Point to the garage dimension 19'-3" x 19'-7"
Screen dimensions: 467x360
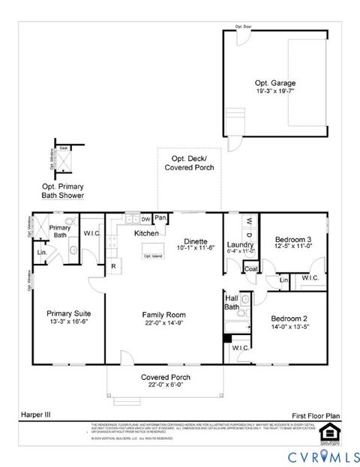click(x=271, y=91)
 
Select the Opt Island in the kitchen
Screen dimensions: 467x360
click(x=153, y=256)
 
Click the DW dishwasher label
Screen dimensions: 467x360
click(x=145, y=219)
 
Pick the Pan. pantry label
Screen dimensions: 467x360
click(x=161, y=218)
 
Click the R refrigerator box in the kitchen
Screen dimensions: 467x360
click(x=112, y=265)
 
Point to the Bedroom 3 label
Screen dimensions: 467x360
click(x=292, y=232)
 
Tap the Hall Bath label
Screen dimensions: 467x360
click(x=232, y=301)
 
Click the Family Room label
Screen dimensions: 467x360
click(x=164, y=315)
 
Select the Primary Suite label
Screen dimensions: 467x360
click(x=68, y=314)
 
